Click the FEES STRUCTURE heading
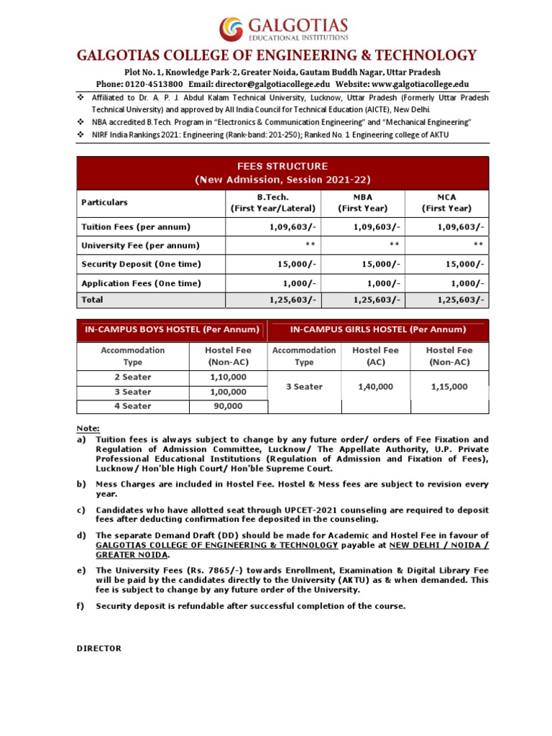[282, 166]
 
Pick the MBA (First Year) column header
[363, 203]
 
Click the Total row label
[93, 300]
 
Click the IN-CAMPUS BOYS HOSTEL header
[171, 330]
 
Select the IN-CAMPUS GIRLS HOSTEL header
[377, 330]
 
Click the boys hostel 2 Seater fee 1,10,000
[228, 377]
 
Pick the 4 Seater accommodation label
[132, 406]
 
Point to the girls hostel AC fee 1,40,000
[375, 387]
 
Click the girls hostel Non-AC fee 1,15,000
[449, 387]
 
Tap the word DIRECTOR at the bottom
[99, 648]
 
